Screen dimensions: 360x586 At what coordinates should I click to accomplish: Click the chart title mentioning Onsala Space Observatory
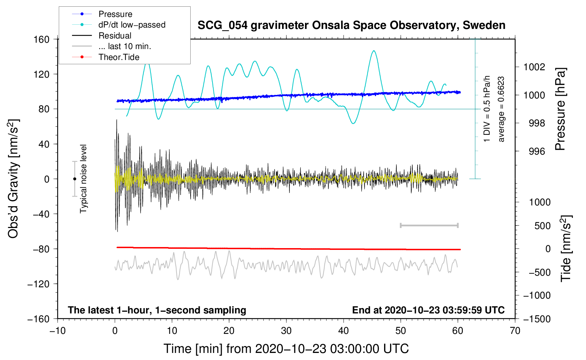point(351,25)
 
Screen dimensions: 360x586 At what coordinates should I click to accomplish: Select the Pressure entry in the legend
point(115,14)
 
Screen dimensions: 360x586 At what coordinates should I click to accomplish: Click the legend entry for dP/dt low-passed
point(132,25)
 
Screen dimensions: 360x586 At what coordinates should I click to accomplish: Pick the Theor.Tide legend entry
point(119,57)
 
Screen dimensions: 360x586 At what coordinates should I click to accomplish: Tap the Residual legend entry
point(115,36)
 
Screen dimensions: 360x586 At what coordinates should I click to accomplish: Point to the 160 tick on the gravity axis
point(42,39)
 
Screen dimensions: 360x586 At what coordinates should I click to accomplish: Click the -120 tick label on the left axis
point(38,284)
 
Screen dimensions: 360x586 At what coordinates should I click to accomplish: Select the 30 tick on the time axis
point(286,331)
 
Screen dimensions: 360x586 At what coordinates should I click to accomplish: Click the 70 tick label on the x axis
point(515,331)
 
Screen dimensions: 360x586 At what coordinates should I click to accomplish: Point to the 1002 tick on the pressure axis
point(534,67)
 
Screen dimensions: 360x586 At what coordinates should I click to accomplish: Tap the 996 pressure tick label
point(537,151)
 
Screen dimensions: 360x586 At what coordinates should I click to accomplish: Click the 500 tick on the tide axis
point(542,226)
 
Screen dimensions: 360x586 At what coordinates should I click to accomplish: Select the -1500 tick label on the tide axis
point(537,319)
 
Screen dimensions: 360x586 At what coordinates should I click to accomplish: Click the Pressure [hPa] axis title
point(561,109)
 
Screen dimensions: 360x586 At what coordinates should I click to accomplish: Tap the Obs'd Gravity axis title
point(13,179)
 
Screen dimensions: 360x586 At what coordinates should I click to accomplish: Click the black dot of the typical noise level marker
point(74,179)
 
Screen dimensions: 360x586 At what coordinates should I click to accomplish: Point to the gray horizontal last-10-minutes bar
point(429,226)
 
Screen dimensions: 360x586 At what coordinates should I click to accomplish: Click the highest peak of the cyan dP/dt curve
point(373,51)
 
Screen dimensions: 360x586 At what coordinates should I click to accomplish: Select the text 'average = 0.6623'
point(501,109)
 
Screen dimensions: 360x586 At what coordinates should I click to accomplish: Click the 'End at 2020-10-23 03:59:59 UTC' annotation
point(428,310)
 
